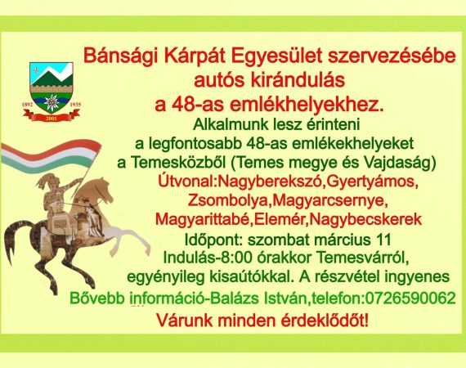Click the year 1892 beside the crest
(x=27, y=105)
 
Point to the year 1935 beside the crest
(x=75, y=105)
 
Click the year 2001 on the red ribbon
(x=52, y=119)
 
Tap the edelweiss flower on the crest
(x=52, y=102)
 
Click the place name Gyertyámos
(x=370, y=182)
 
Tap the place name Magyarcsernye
(x=328, y=201)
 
